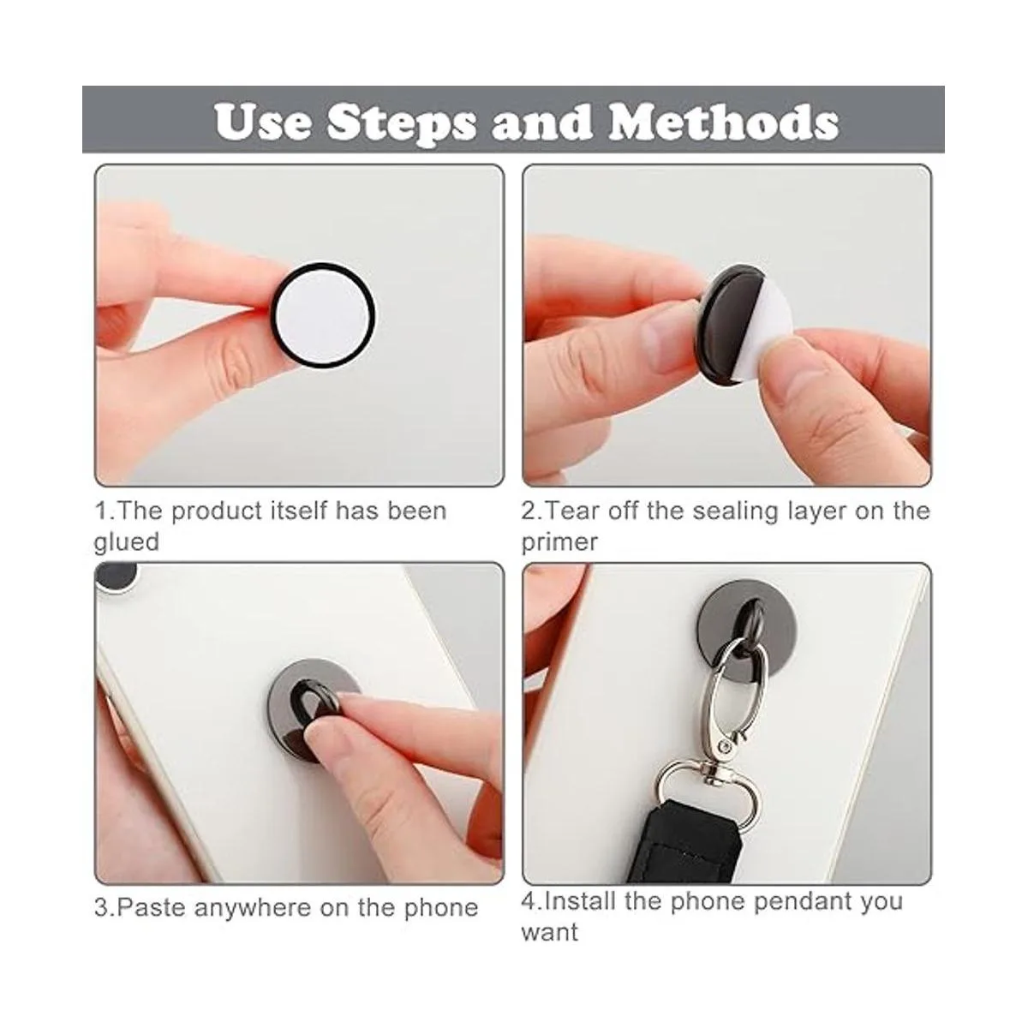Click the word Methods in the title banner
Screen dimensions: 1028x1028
click(723, 122)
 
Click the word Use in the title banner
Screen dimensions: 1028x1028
click(263, 123)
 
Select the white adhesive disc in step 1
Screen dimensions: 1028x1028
click(323, 315)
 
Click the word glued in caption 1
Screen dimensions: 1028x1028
click(127, 543)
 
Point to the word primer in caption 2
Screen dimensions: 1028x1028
click(559, 543)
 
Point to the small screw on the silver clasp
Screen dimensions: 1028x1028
click(725, 750)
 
